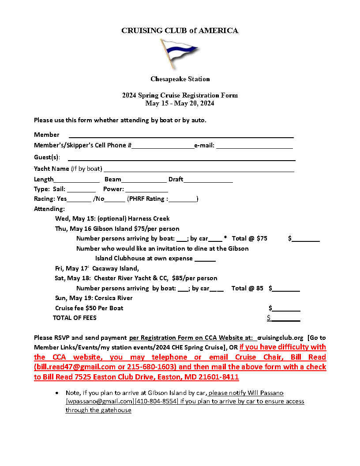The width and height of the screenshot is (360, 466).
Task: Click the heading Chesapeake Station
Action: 180,79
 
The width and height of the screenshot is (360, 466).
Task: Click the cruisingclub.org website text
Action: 280,338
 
